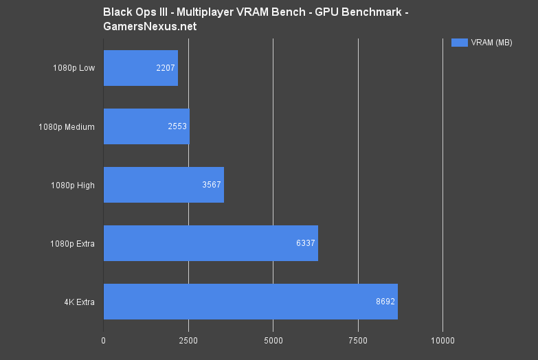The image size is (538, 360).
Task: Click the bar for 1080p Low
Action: click(x=140, y=68)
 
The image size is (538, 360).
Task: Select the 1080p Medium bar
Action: click(x=146, y=126)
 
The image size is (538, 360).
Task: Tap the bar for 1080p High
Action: click(x=164, y=185)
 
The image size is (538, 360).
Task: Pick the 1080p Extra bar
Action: click(x=210, y=243)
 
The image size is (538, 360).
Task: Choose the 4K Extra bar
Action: click(x=250, y=301)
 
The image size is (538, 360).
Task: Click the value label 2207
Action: click(x=166, y=69)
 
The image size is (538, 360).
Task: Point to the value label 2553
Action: click(x=177, y=126)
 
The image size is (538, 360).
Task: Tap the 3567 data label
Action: click(x=212, y=185)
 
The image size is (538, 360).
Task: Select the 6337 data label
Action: click(x=306, y=243)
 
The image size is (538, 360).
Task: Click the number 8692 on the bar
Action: click(x=385, y=302)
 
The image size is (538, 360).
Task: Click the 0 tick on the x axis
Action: click(x=104, y=340)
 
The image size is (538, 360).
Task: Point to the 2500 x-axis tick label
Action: click(x=188, y=340)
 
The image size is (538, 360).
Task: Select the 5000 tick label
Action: click(x=273, y=340)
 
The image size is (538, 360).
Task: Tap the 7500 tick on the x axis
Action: click(x=358, y=340)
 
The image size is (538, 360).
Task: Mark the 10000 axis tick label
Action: click(x=442, y=340)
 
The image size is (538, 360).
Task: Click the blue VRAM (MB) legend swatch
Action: click(x=459, y=43)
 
